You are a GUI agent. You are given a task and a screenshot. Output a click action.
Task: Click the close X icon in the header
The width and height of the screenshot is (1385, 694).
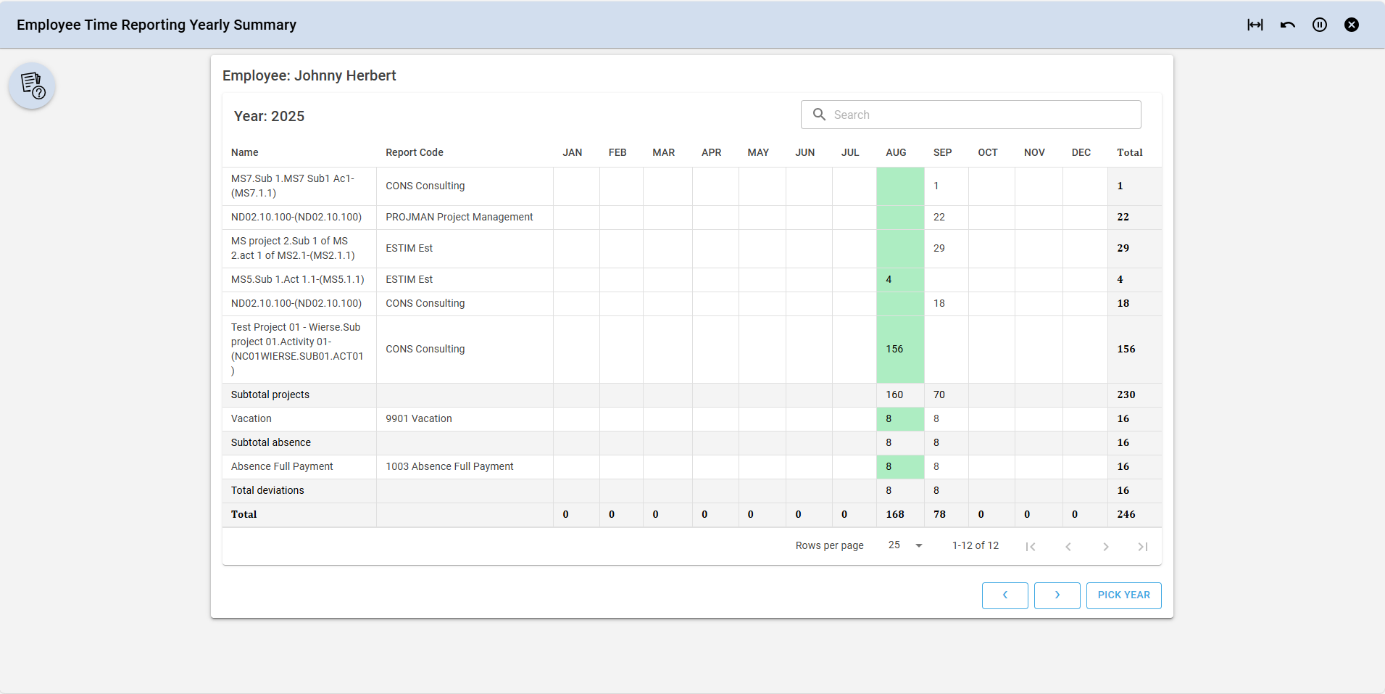pos(1352,25)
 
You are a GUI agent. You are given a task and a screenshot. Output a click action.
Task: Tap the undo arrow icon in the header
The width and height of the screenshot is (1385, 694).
pos(1288,25)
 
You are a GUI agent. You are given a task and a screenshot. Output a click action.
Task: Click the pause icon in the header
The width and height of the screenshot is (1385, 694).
pos(1320,25)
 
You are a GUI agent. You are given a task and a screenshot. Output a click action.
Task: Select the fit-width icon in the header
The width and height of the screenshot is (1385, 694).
pos(1255,25)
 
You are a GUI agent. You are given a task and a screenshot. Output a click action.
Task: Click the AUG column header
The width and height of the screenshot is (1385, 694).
pos(896,152)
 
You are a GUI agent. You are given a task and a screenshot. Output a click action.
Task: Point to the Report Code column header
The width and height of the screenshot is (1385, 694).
pos(415,152)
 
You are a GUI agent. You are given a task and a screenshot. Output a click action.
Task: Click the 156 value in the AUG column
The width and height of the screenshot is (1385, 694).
pos(894,349)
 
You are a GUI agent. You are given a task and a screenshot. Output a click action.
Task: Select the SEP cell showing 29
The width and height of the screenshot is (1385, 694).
pos(939,248)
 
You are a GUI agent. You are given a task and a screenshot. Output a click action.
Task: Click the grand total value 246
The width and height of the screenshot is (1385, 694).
pos(1126,514)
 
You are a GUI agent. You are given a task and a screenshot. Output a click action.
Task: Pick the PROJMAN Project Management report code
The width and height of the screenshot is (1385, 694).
pos(459,217)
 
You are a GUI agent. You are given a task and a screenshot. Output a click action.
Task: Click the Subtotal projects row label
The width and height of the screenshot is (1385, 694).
pos(270,394)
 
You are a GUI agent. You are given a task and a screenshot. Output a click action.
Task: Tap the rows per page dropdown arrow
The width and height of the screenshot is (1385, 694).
pos(919,545)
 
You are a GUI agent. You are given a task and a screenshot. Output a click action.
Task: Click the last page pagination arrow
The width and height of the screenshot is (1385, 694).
pos(1143,547)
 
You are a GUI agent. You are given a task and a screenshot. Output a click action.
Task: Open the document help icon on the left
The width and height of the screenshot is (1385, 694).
pos(33,86)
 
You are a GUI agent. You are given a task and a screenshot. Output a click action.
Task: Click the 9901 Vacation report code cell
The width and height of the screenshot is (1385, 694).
pos(419,418)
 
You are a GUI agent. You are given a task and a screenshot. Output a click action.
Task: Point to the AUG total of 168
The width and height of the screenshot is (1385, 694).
pos(895,514)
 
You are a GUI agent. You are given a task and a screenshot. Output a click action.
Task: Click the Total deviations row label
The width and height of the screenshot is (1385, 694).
pos(267,490)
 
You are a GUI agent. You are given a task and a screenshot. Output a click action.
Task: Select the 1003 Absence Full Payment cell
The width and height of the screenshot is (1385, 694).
pos(449,466)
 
